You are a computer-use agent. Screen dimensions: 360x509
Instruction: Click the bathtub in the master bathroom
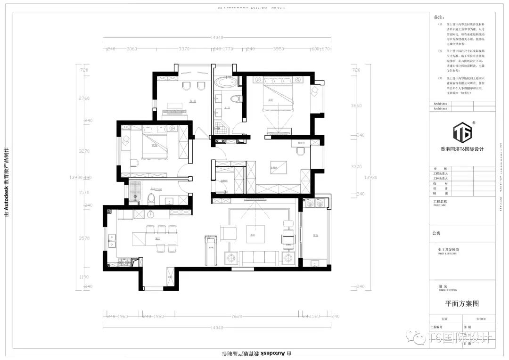(x=225, y=84)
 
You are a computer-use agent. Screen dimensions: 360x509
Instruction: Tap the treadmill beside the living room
(x=208, y=250)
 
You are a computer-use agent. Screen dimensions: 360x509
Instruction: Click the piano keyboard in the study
(x=175, y=113)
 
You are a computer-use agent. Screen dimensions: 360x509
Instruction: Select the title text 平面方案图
(x=462, y=304)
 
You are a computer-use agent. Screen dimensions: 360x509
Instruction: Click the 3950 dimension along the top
(x=279, y=49)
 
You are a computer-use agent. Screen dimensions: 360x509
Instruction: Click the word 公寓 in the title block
(x=436, y=233)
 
